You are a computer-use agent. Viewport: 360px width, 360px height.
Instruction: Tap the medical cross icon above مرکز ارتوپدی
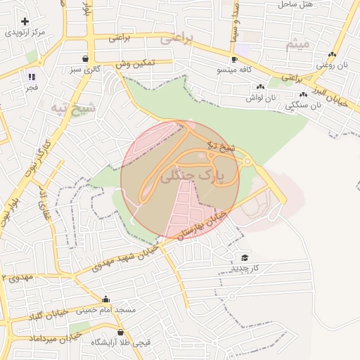[25, 22]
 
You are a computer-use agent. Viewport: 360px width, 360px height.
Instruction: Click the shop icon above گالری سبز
[85, 58]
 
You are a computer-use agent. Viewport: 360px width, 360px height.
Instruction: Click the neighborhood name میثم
[297, 44]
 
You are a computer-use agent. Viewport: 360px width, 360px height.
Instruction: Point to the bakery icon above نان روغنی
[332, 54]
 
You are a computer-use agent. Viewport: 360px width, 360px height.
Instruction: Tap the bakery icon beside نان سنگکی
[303, 94]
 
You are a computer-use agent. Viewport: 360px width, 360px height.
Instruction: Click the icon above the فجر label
[31, 77]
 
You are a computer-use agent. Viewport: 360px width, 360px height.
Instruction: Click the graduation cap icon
[245, 258]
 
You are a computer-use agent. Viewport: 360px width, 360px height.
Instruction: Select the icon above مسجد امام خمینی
[106, 299]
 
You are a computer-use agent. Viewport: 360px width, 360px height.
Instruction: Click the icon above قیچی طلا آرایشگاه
[120, 332]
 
